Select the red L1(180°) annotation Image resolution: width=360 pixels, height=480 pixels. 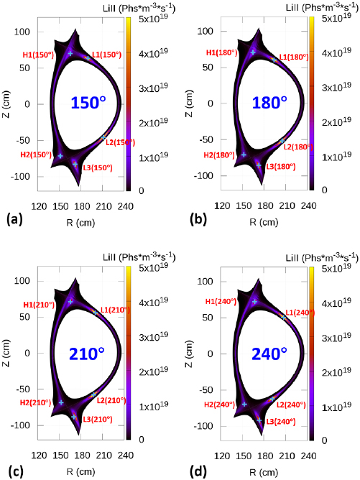pyautogui.click(x=293, y=57)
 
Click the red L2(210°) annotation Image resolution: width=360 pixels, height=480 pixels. pyautogui.click(x=111, y=400)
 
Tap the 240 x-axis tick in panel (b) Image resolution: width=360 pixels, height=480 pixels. pyautogui.click(x=308, y=205)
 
